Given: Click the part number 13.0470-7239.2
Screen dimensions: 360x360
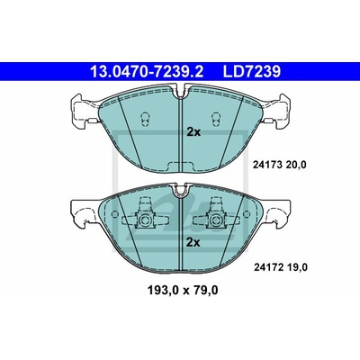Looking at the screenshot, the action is tap(147, 72).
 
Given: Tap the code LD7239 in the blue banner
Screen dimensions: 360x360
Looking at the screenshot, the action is tap(251, 72).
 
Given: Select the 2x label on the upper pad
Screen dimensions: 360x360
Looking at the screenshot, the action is tap(193, 132).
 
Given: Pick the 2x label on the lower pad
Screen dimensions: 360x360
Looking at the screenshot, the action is tap(193, 242).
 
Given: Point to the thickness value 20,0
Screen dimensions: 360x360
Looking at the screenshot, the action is tap(296, 165).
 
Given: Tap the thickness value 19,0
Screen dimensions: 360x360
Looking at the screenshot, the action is tap(297, 267).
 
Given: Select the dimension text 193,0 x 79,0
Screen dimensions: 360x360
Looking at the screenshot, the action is tap(183, 290).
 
